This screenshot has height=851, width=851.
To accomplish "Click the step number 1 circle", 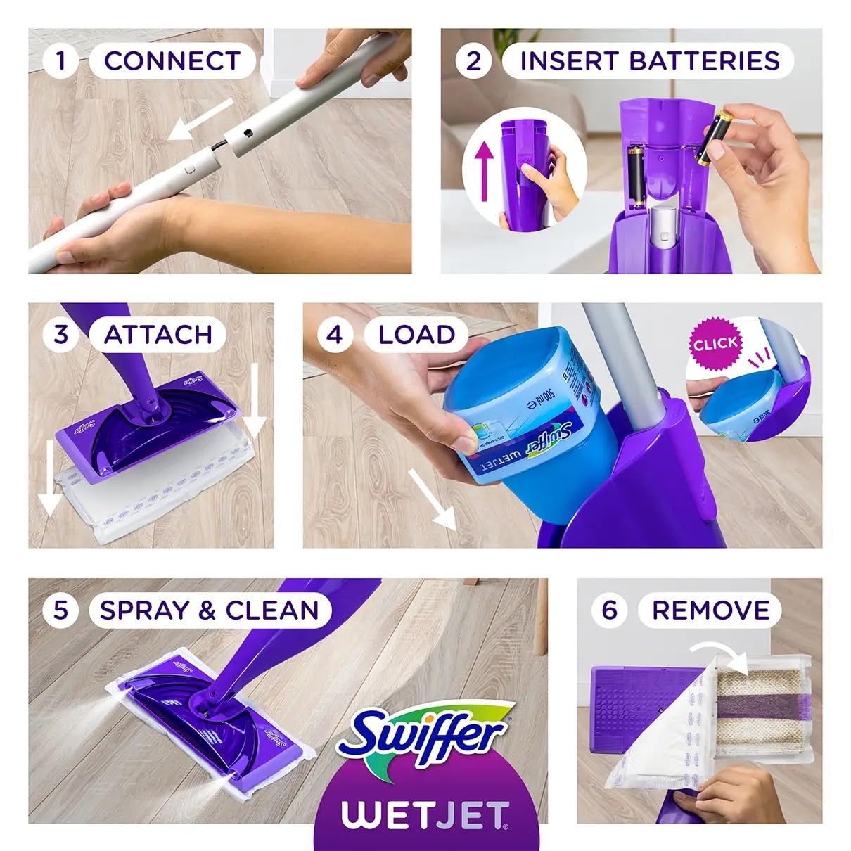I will click(x=60, y=60).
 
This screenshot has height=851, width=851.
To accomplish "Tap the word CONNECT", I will click(x=172, y=60).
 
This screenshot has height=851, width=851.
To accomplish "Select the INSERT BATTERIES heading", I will click(x=649, y=60).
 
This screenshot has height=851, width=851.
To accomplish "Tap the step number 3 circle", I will click(x=60, y=334).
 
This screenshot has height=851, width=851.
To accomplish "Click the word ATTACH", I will click(x=158, y=334).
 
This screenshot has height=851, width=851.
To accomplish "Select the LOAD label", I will click(x=416, y=334).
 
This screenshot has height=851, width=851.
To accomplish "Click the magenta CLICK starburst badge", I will click(x=715, y=344).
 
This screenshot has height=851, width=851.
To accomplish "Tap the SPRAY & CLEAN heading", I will click(x=209, y=610).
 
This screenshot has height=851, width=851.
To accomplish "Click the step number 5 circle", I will click(x=60, y=610).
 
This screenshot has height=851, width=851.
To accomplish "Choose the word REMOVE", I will click(x=710, y=610).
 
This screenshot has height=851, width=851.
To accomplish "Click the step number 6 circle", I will click(x=609, y=610).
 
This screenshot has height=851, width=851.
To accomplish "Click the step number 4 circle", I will click(x=335, y=334).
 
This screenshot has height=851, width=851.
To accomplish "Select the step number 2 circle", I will click(x=473, y=60).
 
